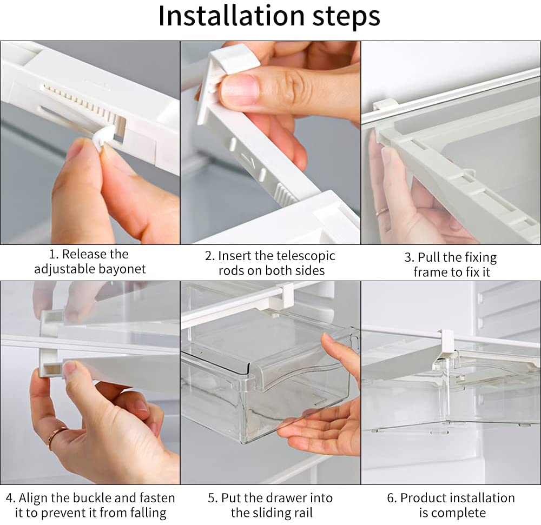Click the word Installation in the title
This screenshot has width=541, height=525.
pyautogui.click(x=232, y=16)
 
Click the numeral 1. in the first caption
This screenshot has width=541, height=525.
pyautogui.click(x=54, y=255)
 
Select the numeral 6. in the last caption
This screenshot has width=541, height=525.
pyautogui.click(x=392, y=498)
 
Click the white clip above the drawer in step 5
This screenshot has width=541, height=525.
pyautogui.click(x=282, y=296)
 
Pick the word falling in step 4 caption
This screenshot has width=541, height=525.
pyautogui.click(x=148, y=513)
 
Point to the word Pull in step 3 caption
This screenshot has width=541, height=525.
pyautogui.click(x=427, y=257)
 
